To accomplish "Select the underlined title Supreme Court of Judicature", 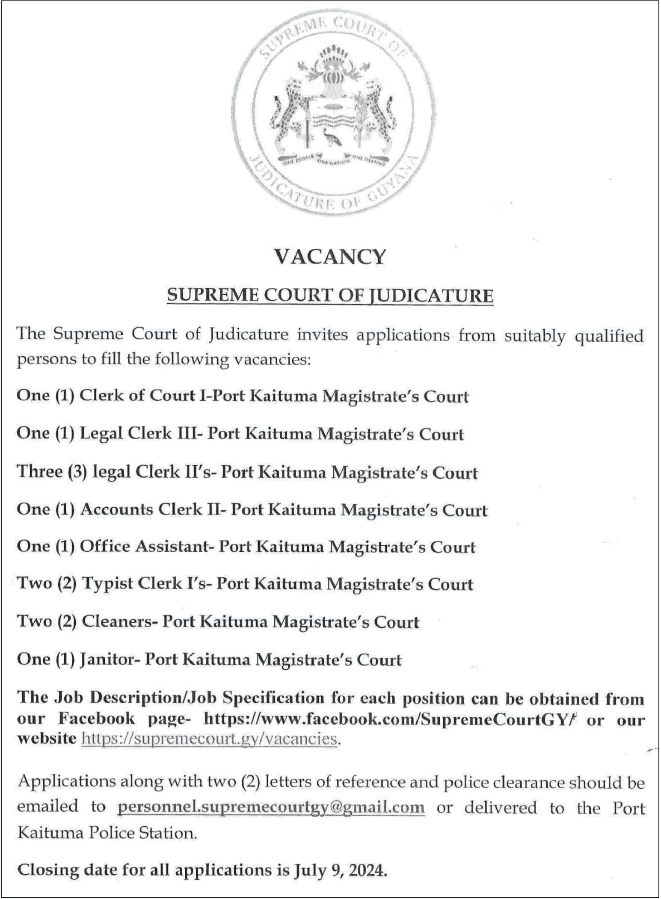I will pos(330,296).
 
